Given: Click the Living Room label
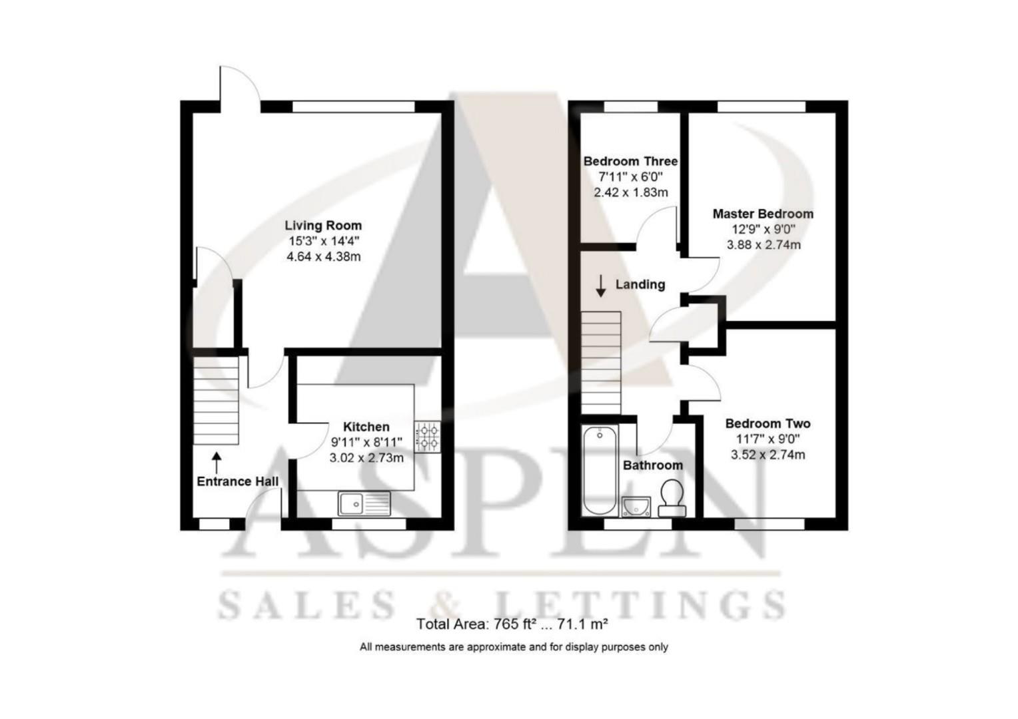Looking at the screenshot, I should pos(323,226).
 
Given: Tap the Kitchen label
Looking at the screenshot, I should pos(366,427).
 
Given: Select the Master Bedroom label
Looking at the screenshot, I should pos(763,214).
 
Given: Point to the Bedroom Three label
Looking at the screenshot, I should pos(630,161).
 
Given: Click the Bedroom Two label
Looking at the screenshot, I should pos(767,423).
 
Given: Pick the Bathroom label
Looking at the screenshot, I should pos(652,465).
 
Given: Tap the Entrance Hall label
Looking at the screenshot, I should pos(237,481).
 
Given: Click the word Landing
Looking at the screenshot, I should pos(640,284).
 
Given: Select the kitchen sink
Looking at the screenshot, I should pos(364,503).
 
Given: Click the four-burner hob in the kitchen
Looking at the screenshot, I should pos(427,437).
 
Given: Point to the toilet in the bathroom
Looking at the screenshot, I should pos(672,498).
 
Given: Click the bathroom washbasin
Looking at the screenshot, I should pos(637,507).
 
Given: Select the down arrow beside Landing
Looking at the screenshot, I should pos(600,286).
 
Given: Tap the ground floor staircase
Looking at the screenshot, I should pos(216,401).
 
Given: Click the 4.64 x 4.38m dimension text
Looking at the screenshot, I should pos(323,256).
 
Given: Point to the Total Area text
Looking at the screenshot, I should pos(512,624).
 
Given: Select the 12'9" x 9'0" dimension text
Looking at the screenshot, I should pos(763,230).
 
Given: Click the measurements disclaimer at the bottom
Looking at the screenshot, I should pos(514,646).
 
